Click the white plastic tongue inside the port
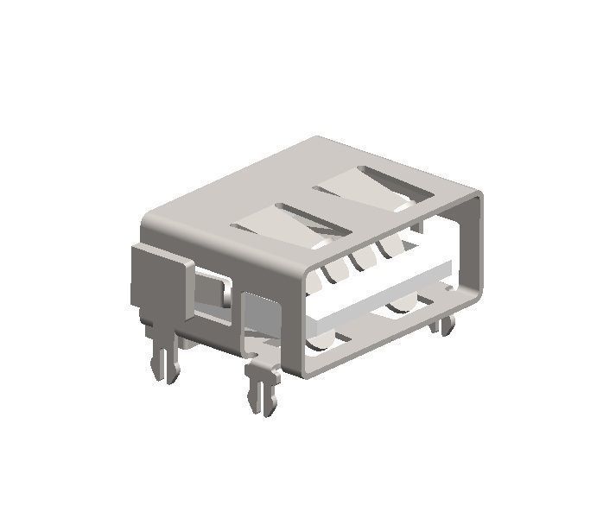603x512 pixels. coord(380,289)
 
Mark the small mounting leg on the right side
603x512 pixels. coord(446,326)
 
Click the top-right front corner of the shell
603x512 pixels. coord(476,197)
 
